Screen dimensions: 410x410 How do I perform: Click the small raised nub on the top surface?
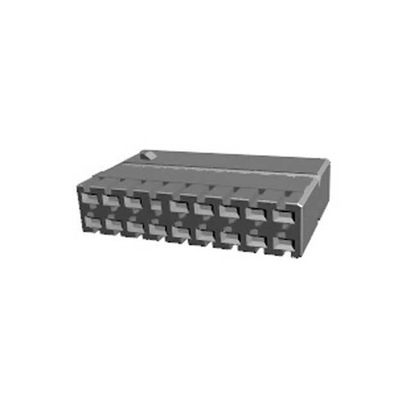149,156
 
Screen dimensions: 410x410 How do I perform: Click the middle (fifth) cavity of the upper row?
179,206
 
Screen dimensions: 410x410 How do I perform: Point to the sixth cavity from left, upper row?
203,208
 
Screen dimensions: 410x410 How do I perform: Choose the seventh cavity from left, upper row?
228,210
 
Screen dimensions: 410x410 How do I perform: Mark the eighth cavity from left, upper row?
254,213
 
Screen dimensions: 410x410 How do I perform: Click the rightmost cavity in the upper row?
282,215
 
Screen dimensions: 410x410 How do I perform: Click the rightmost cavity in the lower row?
282,243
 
